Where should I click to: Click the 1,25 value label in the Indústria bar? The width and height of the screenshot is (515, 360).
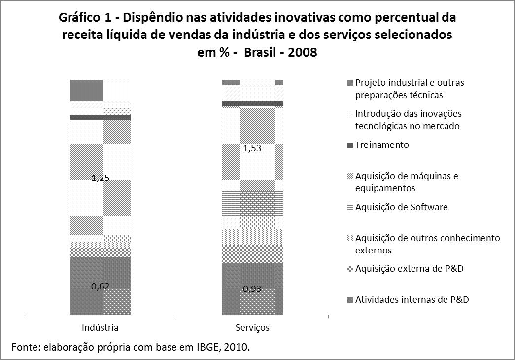click(x=100, y=179)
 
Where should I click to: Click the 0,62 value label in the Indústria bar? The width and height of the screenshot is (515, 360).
click(x=100, y=286)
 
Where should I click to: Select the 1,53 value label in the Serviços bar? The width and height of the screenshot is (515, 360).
click(x=252, y=148)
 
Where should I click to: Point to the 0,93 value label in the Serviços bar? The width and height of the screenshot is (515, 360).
click(x=252, y=289)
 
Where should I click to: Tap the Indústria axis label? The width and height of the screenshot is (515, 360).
click(x=100, y=327)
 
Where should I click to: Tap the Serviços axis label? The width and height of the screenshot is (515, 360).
click(x=252, y=327)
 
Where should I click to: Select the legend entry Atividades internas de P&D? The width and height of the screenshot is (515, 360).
click(x=408, y=299)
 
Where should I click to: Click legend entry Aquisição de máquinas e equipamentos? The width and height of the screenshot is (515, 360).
click(x=406, y=182)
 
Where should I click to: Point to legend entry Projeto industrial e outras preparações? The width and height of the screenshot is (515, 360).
click(x=409, y=88)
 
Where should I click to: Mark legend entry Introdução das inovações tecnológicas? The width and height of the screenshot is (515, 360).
click(x=408, y=120)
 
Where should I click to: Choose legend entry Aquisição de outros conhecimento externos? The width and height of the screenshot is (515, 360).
click(x=427, y=244)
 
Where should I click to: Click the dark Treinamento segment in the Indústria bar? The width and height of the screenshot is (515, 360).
click(x=100, y=117)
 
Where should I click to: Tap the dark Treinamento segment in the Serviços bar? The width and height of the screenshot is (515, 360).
click(x=252, y=103)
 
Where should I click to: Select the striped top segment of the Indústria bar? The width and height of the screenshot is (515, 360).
click(x=100, y=90)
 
